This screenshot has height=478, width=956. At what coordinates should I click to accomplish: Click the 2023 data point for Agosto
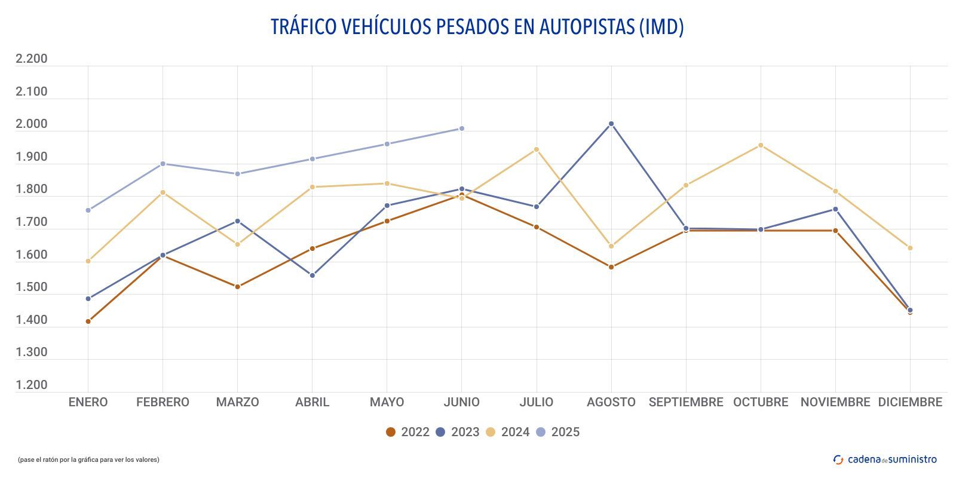[611, 124]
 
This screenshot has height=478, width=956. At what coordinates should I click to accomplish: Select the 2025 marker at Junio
[461, 128]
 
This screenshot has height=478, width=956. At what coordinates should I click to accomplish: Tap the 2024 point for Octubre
[761, 145]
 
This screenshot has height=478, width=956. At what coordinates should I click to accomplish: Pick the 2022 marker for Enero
[88, 321]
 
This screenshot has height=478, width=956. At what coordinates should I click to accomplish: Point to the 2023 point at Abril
[312, 275]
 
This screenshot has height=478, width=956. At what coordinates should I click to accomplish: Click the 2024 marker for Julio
[537, 149]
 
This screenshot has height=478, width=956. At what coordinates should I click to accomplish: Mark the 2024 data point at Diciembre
[910, 248]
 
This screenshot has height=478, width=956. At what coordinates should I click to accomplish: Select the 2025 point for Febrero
[163, 164]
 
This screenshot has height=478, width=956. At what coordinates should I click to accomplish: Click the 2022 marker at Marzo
[238, 287]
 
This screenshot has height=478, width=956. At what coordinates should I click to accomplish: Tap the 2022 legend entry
[407, 432]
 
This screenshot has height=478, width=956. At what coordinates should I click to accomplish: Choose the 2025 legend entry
[557, 432]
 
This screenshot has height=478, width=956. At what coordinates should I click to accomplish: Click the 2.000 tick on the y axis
[31, 124]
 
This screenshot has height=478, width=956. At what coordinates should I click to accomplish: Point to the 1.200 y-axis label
[31, 385]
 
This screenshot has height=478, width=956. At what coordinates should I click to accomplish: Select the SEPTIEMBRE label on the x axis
[686, 402]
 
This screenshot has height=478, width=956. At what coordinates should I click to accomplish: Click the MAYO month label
[387, 402]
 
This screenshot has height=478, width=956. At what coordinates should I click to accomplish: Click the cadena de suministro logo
[885, 459]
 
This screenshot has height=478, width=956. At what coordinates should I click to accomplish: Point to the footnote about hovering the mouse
[88, 459]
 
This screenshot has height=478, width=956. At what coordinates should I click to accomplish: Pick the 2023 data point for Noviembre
[835, 209]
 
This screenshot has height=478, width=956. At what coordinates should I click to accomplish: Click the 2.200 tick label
[31, 59]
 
